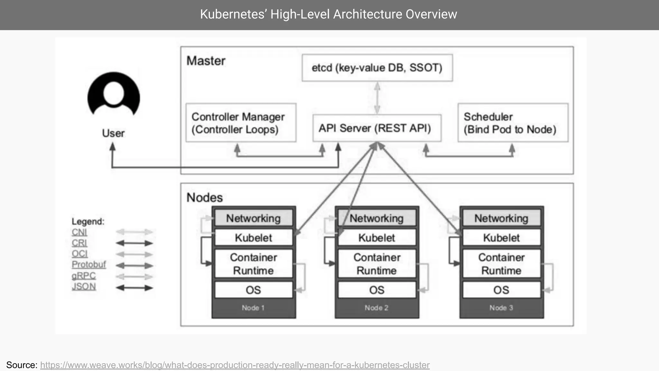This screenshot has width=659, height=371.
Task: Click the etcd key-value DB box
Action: point(377,68)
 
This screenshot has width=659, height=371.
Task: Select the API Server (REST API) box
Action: point(376,128)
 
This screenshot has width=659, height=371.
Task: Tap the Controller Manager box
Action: point(241,123)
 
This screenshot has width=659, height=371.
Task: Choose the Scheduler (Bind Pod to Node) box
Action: point(513,123)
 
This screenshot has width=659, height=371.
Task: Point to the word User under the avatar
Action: point(113,133)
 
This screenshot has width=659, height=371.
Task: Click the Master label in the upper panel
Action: point(206,61)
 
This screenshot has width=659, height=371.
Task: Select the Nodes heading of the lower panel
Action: point(205,197)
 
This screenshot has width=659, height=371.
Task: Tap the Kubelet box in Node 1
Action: point(254,238)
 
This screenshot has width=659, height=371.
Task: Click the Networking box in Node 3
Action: point(501,218)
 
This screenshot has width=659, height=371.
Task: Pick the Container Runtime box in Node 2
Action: point(377,264)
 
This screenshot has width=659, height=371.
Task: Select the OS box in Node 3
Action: point(501,290)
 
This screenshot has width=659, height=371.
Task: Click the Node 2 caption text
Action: point(376,308)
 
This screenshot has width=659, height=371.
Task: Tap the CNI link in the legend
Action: point(79,232)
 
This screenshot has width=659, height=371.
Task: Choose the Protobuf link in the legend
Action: point(88,264)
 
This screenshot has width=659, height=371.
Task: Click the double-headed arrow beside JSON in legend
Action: point(134,288)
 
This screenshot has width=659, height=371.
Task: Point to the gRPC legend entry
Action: point(84,276)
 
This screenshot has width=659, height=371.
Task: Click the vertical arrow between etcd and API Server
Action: point(377,98)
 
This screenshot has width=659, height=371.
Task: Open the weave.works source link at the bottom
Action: point(235,365)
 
